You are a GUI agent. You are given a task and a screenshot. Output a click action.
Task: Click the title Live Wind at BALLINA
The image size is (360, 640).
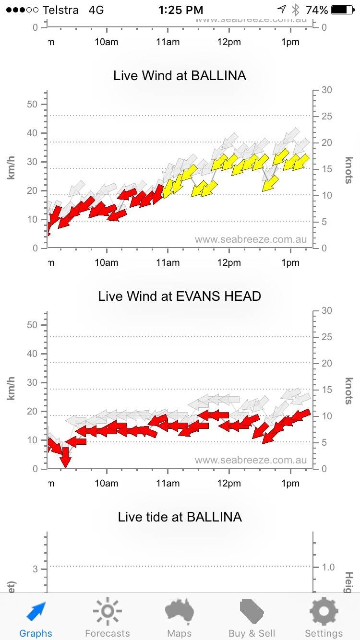pyautogui.click(x=180, y=75)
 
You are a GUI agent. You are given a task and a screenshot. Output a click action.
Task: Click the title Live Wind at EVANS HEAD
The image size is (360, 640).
pyautogui.click(x=180, y=296)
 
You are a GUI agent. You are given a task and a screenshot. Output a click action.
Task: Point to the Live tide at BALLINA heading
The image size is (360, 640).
pyautogui.click(x=180, y=517)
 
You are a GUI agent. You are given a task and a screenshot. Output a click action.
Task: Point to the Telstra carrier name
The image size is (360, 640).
pyautogui.click(x=60, y=10)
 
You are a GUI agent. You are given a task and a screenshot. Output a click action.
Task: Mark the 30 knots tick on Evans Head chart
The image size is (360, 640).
pyautogui.click(x=326, y=310)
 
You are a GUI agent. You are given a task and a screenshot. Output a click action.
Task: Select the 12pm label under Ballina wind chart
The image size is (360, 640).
pyautogui.click(x=229, y=262)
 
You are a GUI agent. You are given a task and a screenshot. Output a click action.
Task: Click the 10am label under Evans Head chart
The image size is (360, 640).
pyautogui.click(x=107, y=483)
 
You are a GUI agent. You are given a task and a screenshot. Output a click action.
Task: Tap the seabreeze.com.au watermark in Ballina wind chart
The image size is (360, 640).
pyautogui.click(x=251, y=239)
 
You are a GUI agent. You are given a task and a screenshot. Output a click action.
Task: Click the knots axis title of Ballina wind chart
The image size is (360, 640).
pyautogui.click(x=348, y=170)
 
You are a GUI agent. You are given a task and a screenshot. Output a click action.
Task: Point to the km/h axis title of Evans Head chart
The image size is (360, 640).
pyautogui.click(x=11, y=390)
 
